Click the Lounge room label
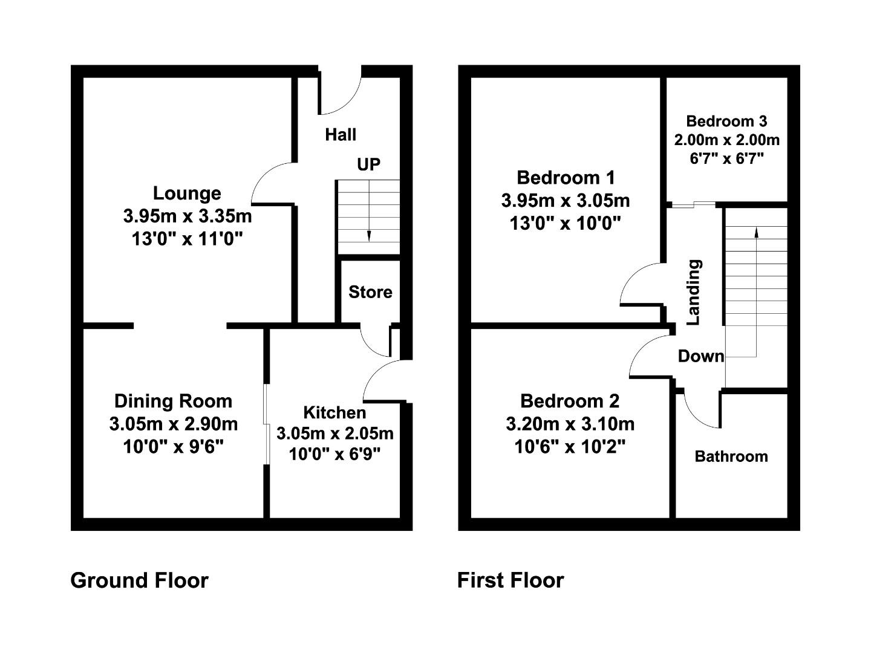tap(187, 194)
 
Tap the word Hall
tap(341, 135)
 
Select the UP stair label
tap(368, 164)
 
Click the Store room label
tap(370, 292)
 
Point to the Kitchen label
tap(334, 413)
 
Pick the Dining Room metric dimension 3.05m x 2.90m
tap(174, 424)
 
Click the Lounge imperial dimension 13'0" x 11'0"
tap(187, 239)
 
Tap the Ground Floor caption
tap(139, 580)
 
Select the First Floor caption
tap(511, 580)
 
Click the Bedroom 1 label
tap(566, 178)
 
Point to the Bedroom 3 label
tap(726, 122)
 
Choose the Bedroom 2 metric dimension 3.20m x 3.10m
tap(570, 424)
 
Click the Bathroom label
tap(731, 456)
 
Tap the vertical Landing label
tap(694, 292)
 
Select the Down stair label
tap(701, 357)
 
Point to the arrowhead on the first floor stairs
tap(756, 232)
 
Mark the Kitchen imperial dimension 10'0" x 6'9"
tap(334, 454)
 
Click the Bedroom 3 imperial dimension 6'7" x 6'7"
tap(726, 159)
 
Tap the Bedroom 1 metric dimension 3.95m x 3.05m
tap(566, 201)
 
